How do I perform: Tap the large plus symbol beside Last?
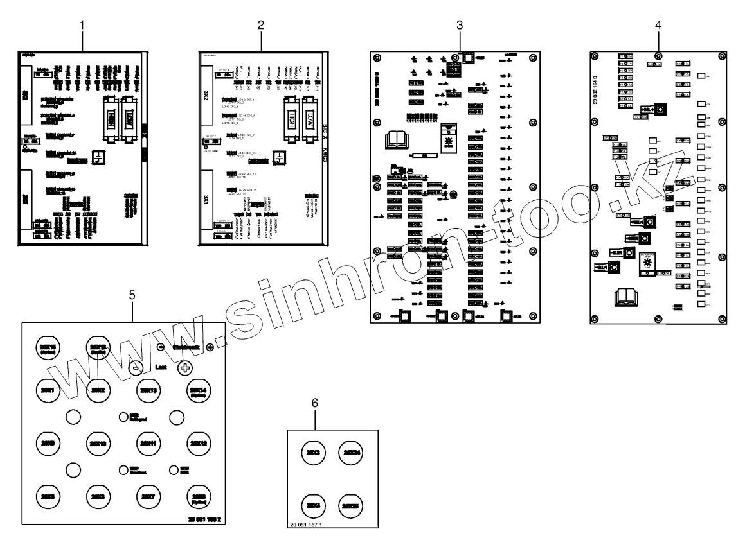185,368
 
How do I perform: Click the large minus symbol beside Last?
136,368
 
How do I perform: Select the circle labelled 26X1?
46,391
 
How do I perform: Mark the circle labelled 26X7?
148,496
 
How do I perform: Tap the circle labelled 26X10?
97,442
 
